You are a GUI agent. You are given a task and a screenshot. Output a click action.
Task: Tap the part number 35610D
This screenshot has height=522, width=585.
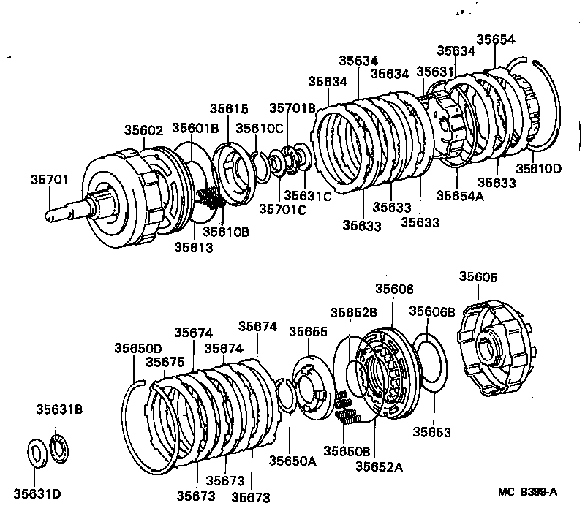click(539, 169)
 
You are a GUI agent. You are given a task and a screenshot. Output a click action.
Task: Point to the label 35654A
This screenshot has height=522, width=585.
click(461, 195)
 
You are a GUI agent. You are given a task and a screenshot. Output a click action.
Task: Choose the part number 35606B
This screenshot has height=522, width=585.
click(432, 311)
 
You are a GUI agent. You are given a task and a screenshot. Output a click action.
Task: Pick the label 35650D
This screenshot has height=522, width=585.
click(137, 348)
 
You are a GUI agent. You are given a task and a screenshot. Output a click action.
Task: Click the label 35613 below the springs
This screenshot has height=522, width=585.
click(193, 247)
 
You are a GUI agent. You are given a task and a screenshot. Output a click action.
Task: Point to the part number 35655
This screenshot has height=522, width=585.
click(308, 331)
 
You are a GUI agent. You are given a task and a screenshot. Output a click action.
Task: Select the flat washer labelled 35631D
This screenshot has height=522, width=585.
click(35, 452)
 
